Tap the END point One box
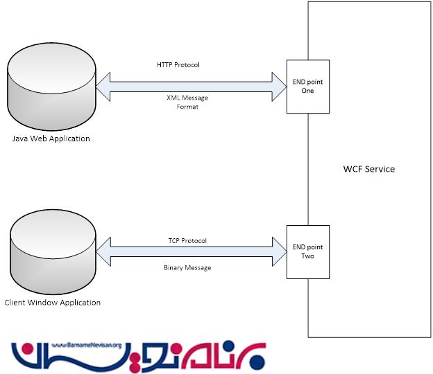(308, 87)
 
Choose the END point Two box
(308, 251)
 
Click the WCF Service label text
(368, 169)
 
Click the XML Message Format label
(187, 102)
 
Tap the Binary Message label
(187, 267)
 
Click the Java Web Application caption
(51, 139)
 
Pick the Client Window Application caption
(52, 303)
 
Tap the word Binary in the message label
(174, 267)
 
